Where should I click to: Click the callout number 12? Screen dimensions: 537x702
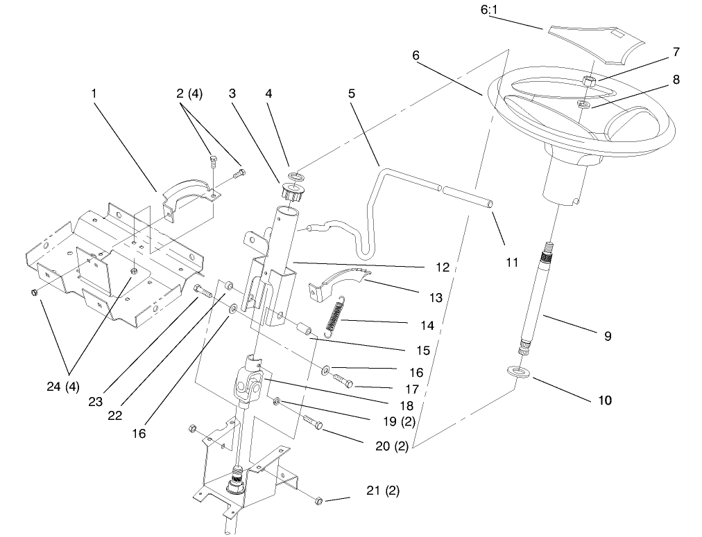click(443, 267)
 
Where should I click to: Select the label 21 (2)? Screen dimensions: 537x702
click(383, 491)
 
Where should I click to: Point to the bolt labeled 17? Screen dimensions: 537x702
click(341, 380)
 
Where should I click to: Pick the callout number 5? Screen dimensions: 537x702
click(352, 91)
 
